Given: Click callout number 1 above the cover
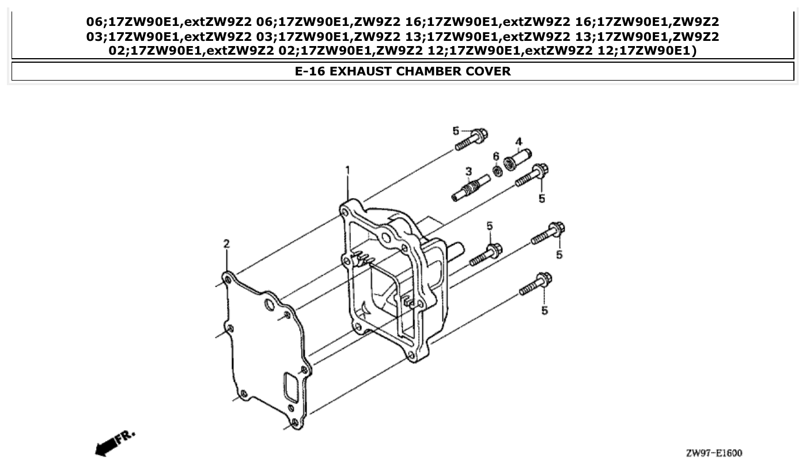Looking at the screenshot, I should tap(347, 170).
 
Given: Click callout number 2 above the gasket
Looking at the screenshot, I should tap(226, 244).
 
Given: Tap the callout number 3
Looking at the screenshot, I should tap(468, 171).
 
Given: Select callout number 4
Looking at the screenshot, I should tap(519, 142).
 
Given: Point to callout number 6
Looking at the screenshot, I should tap(495, 156).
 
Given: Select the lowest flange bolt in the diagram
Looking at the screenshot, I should tap(535, 284).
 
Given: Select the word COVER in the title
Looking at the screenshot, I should tap(489, 71).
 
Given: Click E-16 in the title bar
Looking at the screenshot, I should tap(311, 71).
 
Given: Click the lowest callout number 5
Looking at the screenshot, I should tap(544, 311).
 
